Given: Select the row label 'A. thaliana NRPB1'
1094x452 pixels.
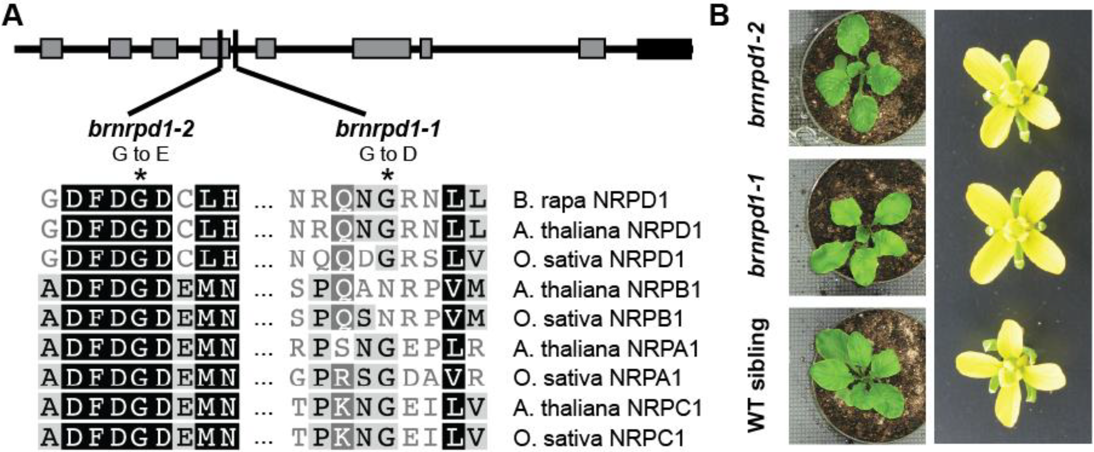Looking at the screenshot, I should [x=607, y=289].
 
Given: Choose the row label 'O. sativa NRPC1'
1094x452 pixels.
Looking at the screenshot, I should [x=599, y=438].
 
